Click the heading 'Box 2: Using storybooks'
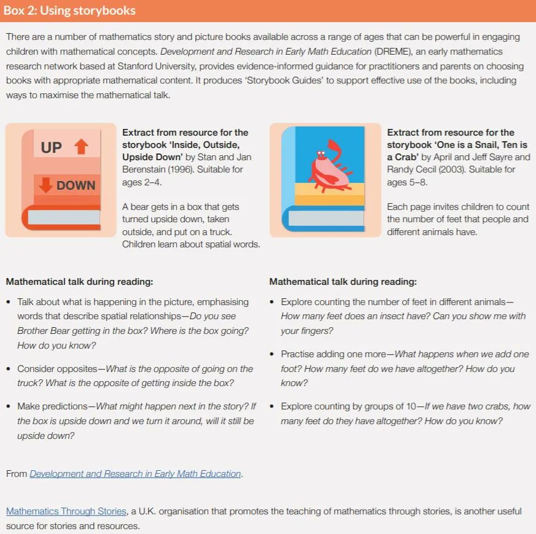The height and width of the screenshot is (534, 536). pos(70,11)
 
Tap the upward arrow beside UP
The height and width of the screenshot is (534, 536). pos(81,147)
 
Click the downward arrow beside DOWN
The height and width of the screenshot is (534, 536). pos(45,185)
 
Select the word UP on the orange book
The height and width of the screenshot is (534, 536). pos(52,148)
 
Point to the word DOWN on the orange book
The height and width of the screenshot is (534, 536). pos(76,185)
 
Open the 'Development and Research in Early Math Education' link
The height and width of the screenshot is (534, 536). pos(135,474)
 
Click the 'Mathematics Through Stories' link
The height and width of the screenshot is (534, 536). pos(66,511)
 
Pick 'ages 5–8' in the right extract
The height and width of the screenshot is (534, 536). pos(406,182)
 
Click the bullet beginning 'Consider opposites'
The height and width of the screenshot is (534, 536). pos(135,376)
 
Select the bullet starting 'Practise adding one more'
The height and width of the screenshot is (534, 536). pos(405,368)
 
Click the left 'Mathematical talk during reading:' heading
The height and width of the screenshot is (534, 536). pos(79,282)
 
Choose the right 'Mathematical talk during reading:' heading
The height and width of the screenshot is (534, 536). pos(343,282)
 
